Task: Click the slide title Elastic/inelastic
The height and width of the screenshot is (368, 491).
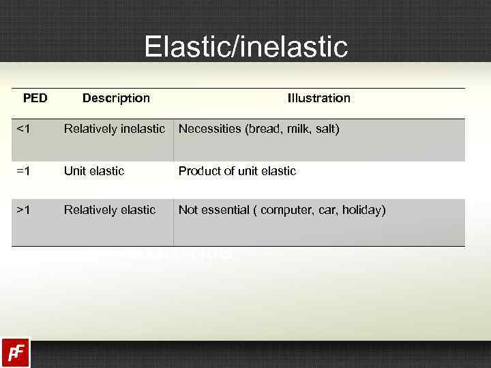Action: click(245, 47)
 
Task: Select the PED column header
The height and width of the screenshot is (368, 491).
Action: click(35, 98)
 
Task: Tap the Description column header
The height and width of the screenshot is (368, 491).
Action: click(116, 98)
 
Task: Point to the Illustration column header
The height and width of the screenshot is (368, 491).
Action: click(318, 98)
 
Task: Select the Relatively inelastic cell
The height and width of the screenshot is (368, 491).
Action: click(115, 129)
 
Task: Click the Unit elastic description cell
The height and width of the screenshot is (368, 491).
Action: click(94, 171)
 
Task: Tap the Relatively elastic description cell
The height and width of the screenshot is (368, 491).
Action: click(110, 210)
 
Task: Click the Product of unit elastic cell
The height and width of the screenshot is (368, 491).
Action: click(237, 171)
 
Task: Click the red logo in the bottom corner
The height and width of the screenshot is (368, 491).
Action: click(15, 353)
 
